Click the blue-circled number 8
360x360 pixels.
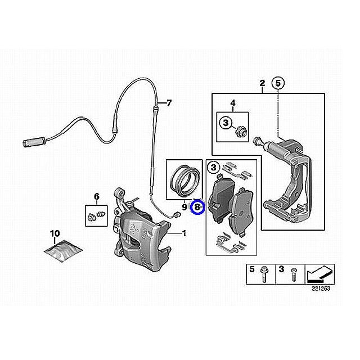pos(197,208)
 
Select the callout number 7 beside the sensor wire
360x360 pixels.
pos(169,103)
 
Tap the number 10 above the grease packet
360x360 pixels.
pos(55,234)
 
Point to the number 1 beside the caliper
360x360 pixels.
pos(184,234)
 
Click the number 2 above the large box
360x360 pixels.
pos(262,83)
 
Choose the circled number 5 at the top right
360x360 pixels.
pos(278,83)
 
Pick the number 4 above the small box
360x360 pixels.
pos(233,103)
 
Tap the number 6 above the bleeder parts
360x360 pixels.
pos(97,197)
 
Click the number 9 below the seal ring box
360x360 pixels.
pos(184,208)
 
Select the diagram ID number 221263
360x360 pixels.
pos(321,289)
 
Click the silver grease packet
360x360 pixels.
pos(64,251)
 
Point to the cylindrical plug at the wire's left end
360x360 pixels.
pos(34,142)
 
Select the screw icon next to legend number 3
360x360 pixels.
pos(293,274)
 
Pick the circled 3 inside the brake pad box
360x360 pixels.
pos(214,168)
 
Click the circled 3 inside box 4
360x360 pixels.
pos(226,123)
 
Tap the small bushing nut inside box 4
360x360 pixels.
pos(241,131)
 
